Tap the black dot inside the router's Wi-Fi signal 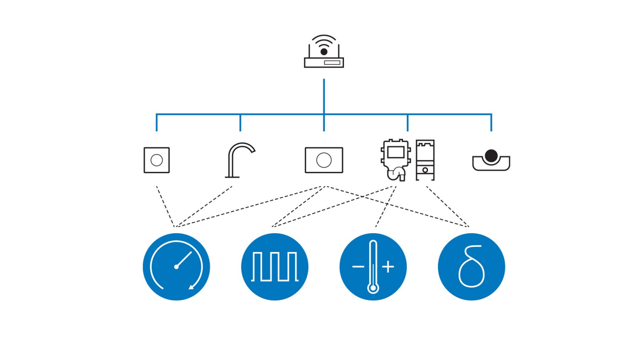pyautogui.click(x=324, y=52)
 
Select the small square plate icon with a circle pyautogui.click(x=156, y=160)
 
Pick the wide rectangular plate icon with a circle pyautogui.click(x=324, y=160)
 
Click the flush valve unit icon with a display pyautogui.click(x=396, y=159)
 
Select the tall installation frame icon pyautogui.click(x=425, y=160)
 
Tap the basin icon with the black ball pyautogui.click(x=491, y=161)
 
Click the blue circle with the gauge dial pyautogui.click(x=176, y=267)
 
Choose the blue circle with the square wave pyautogui.click(x=274, y=267)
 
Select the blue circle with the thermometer pyautogui.click(x=373, y=267)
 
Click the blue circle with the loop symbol pyautogui.click(x=471, y=267)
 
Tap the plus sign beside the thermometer pyautogui.click(x=388, y=266)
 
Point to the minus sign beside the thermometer pyautogui.click(x=358, y=266)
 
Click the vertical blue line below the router pyautogui.click(x=324, y=96)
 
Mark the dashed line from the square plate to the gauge pyautogui.click(x=165, y=206)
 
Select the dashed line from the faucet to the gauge pyautogui.click(x=204, y=206)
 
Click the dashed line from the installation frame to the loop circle pyautogui.click(x=447, y=206)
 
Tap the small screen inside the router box pyautogui.click(x=332, y=62)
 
